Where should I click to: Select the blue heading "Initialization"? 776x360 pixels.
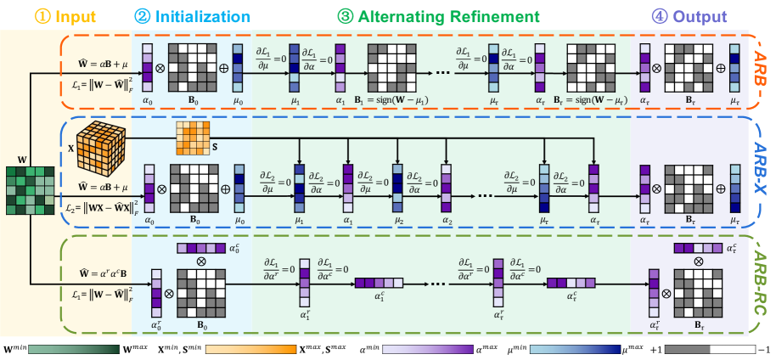click(x=202, y=16)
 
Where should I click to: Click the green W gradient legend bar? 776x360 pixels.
click(x=71, y=346)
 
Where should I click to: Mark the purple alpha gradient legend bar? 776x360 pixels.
click(x=425, y=346)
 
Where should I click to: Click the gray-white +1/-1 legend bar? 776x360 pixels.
click(x=708, y=346)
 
